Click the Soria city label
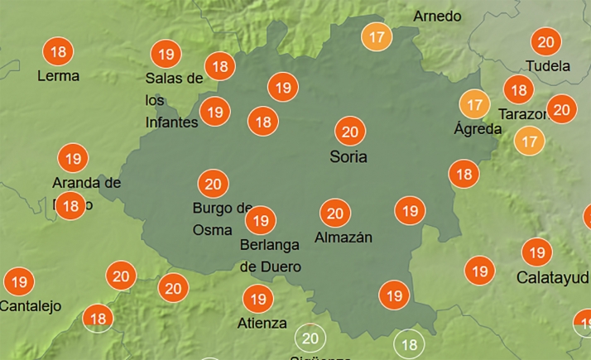pyautogui.click(x=348, y=156)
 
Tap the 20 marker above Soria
pyautogui.click(x=349, y=132)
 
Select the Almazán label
pyautogui.click(x=344, y=238)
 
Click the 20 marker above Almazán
pyautogui.click(x=334, y=214)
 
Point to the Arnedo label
pyautogui.click(x=437, y=17)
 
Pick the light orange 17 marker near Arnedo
pyautogui.click(x=377, y=37)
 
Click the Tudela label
pyautogui.click(x=548, y=65)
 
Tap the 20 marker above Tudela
pyautogui.click(x=545, y=42)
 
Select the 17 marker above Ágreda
pyautogui.click(x=474, y=104)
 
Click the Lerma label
pyautogui.click(x=59, y=76)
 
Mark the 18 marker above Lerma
pyautogui.click(x=58, y=52)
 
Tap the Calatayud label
pyautogui.click(x=552, y=277)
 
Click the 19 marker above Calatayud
pyautogui.click(x=536, y=252)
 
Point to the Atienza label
pyautogui.click(x=262, y=323)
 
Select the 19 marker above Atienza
pyautogui.click(x=257, y=298)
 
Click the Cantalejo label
pyautogui.click(x=31, y=306)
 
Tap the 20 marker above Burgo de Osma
pyautogui.click(x=213, y=184)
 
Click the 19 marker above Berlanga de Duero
pyautogui.click(x=261, y=220)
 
